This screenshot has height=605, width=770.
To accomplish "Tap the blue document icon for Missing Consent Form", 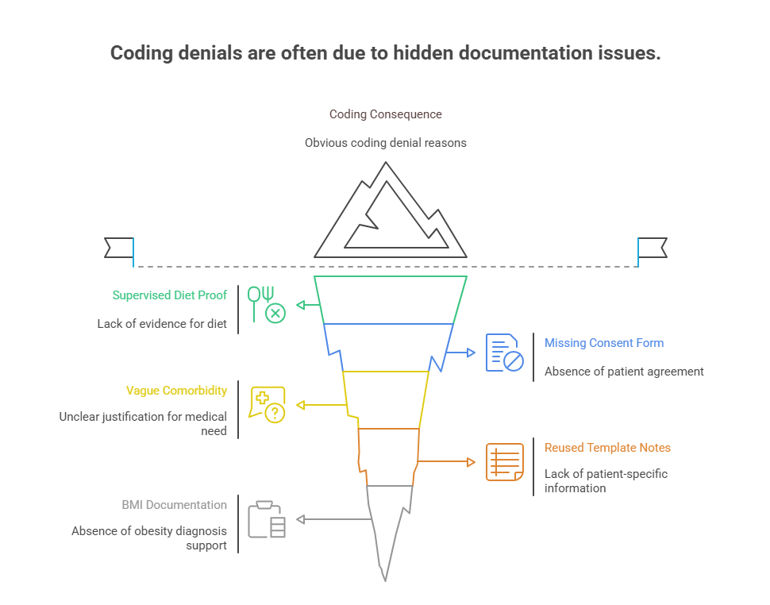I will pyautogui.click(x=505, y=353).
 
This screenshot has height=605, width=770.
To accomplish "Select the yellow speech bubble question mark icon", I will pyautogui.click(x=267, y=405).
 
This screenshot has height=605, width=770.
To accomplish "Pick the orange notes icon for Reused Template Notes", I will pyautogui.click(x=505, y=462).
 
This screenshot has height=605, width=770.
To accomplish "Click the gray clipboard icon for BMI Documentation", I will pyautogui.click(x=267, y=520).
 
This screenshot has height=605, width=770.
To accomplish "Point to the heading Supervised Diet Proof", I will pyautogui.click(x=170, y=295).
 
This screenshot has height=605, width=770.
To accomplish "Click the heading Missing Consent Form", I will pyautogui.click(x=604, y=343).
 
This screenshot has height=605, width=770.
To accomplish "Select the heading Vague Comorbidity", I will pyautogui.click(x=176, y=391).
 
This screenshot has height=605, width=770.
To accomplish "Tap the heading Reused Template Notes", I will pyautogui.click(x=607, y=448).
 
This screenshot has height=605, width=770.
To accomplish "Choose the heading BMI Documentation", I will pyautogui.click(x=174, y=505).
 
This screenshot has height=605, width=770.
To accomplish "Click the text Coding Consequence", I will pyautogui.click(x=386, y=114).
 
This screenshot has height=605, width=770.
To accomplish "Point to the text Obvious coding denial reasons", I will pyautogui.click(x=386, y=143).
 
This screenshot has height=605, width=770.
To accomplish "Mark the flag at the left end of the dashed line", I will pyautogui.click(x=119, y=248).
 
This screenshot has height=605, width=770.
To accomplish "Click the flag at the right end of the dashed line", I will pyautogui.click(x=653, y=248).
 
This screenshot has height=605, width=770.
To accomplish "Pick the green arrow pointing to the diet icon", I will pyautogui.click(x=306, y=305).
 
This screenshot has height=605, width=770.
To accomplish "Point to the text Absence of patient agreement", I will pyautogui.click(x=624, y=372).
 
